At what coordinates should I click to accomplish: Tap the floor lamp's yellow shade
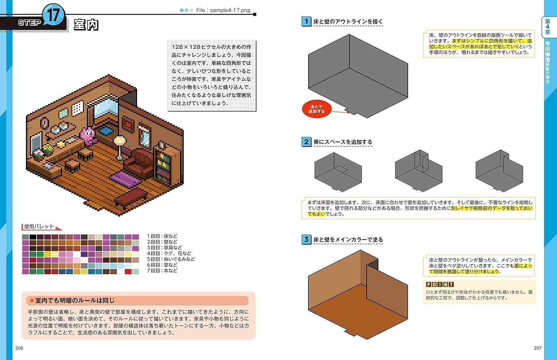[119, 140]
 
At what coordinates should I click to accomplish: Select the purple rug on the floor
[126, 179]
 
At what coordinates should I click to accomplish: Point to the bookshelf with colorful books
[163, 166]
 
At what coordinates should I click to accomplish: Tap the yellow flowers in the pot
[48, 148]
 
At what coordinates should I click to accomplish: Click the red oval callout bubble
[316, 109]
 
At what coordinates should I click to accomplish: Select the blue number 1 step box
[306, 22]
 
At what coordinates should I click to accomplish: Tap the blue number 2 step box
[306, 142]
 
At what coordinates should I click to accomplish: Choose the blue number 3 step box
[306, 239]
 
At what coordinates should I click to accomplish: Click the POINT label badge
[440, 284]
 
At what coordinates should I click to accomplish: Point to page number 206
[19, 348]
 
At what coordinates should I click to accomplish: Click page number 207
[538, 348]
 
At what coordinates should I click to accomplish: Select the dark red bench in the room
[130, 197]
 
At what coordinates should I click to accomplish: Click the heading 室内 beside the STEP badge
[86, 25]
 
